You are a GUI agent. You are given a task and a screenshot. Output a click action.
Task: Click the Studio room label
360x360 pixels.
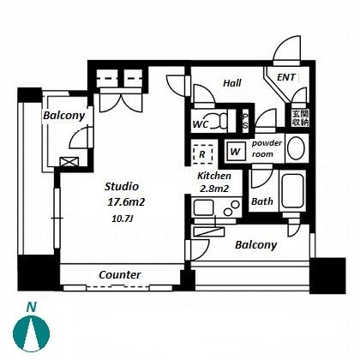(122, 186)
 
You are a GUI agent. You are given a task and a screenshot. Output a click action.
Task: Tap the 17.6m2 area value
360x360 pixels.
(126, 202)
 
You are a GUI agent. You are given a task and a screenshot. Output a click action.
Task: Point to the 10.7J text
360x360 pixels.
(123, 219)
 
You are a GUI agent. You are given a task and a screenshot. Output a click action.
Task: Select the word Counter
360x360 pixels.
(120, 275)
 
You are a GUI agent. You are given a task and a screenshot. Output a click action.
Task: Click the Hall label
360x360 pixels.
(232, 83)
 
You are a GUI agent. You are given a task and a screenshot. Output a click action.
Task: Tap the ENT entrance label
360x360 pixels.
(286, 77)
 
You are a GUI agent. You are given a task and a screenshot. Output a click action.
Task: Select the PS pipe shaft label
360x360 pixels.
(245, 121)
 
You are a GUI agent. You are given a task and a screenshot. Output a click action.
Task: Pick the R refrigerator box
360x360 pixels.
(202, 154)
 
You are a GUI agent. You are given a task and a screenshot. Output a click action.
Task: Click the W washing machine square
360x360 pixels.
(236, 151)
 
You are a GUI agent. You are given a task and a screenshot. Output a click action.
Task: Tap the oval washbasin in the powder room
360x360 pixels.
(296, 148)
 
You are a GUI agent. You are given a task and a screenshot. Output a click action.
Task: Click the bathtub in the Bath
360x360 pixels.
(292, 190)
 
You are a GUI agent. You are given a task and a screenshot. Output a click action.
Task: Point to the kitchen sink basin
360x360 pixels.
(203, 207)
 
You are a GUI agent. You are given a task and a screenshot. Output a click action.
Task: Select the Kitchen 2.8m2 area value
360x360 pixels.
(214, 189)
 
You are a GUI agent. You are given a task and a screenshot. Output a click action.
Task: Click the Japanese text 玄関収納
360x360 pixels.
(300, 118)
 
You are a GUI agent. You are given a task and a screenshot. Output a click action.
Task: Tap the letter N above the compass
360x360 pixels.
(32, 308)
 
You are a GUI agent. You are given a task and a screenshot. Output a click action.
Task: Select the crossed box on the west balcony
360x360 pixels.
(69, 161)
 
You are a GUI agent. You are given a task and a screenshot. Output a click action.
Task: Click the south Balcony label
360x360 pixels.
(255, 245)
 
